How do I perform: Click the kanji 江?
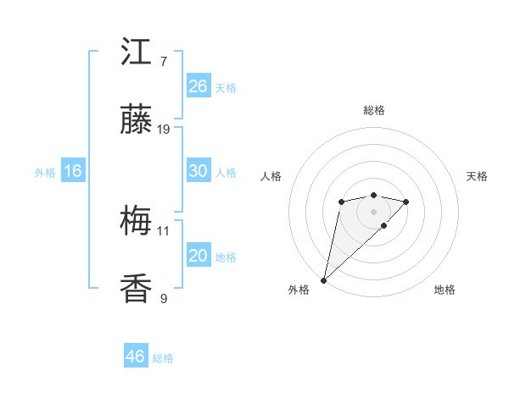click(x=137, y=53)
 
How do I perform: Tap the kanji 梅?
click(x=137, y=222)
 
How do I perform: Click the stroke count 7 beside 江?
click(x=163, y=61)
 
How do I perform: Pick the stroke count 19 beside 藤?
click(x=164, y=130)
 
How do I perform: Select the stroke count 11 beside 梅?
click(x=164, y=229)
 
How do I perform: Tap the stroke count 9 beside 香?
click(x=163, y=298)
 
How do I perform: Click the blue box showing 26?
click(x=198, y=86)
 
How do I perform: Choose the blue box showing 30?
click(x=198, y=170)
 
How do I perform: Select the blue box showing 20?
click(x=198, y=256)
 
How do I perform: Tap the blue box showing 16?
click(x=72, y=171)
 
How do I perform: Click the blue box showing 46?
click(x=135, y=357)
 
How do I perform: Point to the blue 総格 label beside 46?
click(x=163, y=358)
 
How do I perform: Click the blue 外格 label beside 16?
click(x=45, y=173)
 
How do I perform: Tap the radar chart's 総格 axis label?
click(x=373, y=110)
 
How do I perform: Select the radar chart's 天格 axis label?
click(x=477, y=176)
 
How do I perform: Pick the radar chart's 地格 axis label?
click(x=445, y=290)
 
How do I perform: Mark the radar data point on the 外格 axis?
click(x=323, y=279)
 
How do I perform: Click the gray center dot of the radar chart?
click(x=373, y=211)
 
